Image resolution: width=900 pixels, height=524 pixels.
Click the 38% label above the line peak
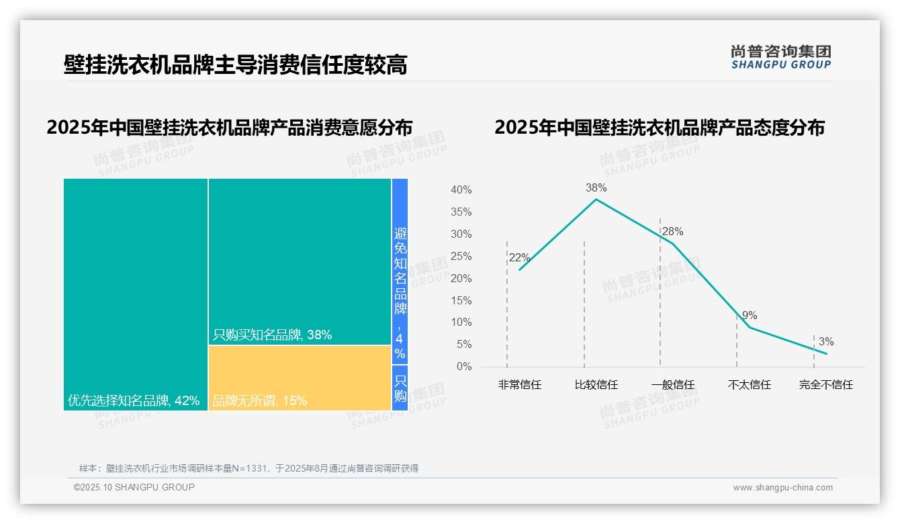pos(596,187)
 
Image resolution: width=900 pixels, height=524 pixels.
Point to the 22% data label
pos(519,258)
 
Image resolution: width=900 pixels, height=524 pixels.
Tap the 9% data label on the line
pos(750,316)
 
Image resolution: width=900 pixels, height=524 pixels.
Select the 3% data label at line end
pos(826,342)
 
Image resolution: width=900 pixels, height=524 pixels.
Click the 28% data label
pos(672,232)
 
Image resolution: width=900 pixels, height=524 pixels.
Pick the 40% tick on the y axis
pos(461,190)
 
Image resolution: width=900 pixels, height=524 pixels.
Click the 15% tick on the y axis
pos(461,300)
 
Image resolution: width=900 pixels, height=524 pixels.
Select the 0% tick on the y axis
pos(463,367)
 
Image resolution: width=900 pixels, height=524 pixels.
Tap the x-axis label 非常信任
pos(519,385)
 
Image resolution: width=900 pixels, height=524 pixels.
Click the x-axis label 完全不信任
pos(825,385)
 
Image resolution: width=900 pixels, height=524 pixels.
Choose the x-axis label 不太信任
pos(749,385)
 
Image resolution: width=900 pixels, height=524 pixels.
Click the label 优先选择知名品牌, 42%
pos(134,401)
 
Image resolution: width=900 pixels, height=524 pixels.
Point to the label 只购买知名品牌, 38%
pos(272,335)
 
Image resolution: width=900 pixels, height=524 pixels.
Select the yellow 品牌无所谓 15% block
pos(300,378)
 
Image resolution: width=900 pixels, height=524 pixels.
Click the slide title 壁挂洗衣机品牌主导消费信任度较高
pos(235,65)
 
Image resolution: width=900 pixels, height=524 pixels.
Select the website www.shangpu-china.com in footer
pos(782,488)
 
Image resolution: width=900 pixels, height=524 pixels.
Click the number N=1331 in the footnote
pos(253,468)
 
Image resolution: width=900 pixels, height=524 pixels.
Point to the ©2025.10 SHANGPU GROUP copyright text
pos(134,487)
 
